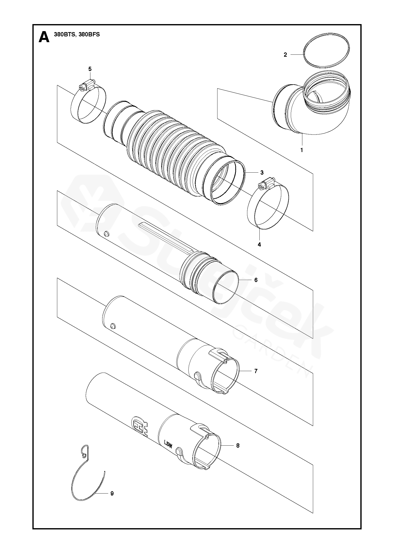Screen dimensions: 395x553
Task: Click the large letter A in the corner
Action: pyautogui.click(x=44, y=37)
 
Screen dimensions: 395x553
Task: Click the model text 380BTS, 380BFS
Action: pyautogui.click(x=77, y=35)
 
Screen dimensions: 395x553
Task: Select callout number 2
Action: pyautogui.click(x=285, y=54)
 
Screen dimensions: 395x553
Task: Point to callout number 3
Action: pyautogui.click(x=262, y=173)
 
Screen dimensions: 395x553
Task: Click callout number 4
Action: pyautogui.click(x=259, y=244)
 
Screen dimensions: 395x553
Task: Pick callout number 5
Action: pyautogui.click(x=90, y=69)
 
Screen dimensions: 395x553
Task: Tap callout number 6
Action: pyautogui.click(x=256, y=280)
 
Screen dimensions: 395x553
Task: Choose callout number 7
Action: pyautogui.click(x=256, y=371)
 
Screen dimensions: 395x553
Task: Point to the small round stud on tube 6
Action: pyautogui.click(x=106, y=234)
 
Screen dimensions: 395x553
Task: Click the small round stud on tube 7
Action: pyautogui.click(x=113, y=326)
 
